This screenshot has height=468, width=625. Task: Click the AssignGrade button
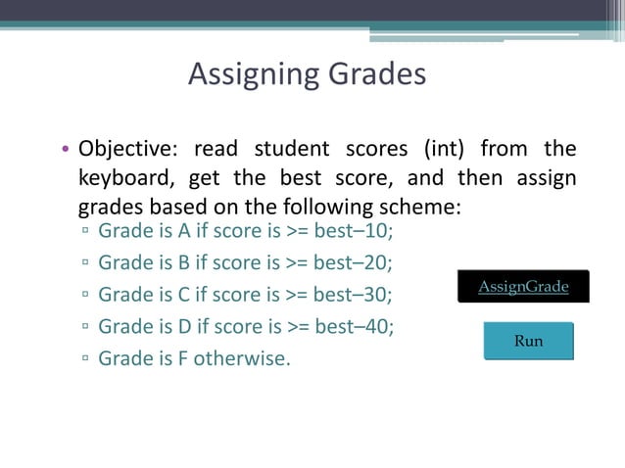pos(522,287)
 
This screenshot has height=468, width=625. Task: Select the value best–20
pos(358,263)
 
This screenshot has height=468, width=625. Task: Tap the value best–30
pos(358,295)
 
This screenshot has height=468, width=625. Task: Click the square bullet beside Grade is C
pos(86,296)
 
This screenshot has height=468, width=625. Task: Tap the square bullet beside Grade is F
pos(86,358)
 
